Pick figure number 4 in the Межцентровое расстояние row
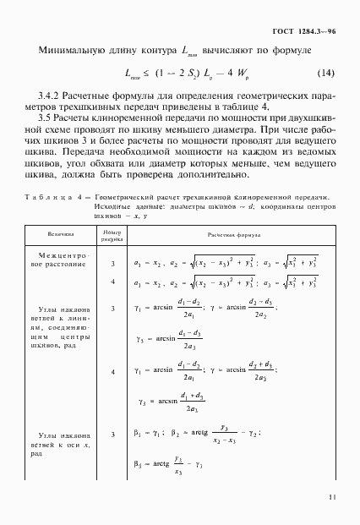pos(112,282)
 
